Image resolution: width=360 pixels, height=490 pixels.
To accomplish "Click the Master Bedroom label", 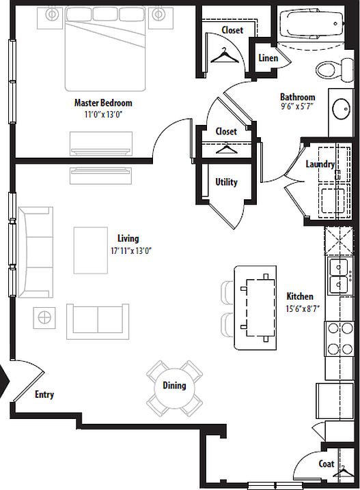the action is (x=103, y=103).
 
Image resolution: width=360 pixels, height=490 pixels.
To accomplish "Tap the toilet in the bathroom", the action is (x=335, y=69).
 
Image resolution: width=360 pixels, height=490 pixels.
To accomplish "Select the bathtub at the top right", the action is (x=311, y=25).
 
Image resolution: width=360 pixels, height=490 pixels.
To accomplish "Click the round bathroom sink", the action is (x=342, y=109).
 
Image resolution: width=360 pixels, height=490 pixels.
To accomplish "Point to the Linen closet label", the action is (x=268, y=58).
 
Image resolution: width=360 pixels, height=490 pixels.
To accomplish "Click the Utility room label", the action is (x=226, y=182).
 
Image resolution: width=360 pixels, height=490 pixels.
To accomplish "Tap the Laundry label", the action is (x=320, y=164).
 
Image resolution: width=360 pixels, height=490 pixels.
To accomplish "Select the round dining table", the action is (x=174, y=388).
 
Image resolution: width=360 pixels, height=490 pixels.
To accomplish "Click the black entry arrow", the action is (x=4, y=381).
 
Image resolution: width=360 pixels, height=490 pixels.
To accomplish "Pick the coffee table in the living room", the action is (x=91, y=250).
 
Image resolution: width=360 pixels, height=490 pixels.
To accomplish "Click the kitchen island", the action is (x=255, y=308).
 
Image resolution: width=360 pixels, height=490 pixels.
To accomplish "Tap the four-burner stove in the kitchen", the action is (x=340, y=338).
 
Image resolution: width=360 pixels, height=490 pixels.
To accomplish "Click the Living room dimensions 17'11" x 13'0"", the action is (x=131, y=250).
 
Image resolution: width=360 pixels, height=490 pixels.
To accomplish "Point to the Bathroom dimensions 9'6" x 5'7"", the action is (x=297, y=106).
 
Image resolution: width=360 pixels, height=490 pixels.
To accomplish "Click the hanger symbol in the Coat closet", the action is (x=344, y=472).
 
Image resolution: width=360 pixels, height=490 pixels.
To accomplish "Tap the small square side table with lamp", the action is (x=44, y=317).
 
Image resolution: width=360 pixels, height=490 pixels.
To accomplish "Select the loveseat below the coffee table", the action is (x=98, y=321).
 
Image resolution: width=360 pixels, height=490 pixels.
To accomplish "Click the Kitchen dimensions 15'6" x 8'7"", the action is (x=303, y=309).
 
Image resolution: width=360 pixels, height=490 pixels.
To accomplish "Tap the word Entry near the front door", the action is (x=44, y=394).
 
